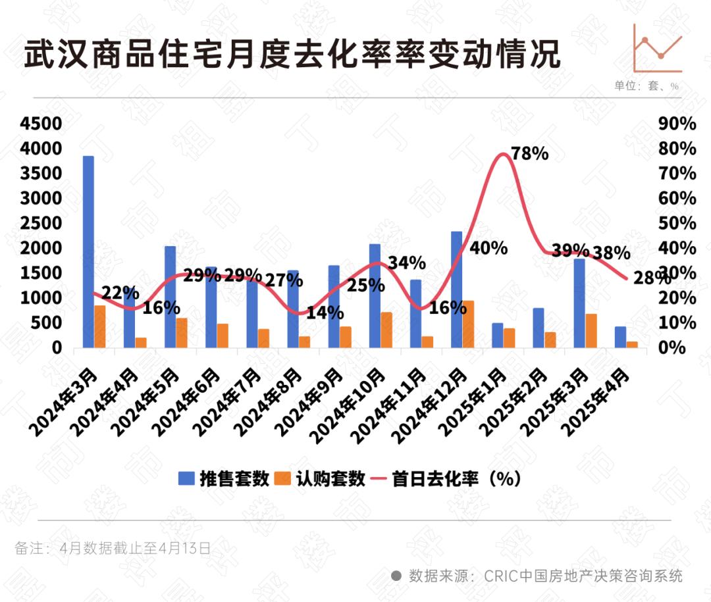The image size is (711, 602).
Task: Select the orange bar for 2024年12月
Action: [x=468, y=324]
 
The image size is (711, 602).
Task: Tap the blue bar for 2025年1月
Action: [x=498, y=335]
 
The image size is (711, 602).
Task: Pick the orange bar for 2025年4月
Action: [x=632, y=344]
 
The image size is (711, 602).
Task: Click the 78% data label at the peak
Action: [x=531, y=154]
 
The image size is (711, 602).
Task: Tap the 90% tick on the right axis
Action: [x=677, y=124]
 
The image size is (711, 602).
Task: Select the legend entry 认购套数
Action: [x=321, y=478]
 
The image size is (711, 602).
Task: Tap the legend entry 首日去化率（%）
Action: [x=448, y=478]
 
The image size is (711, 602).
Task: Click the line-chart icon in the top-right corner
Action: [x=658, y=48]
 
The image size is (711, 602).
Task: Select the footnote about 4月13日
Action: [x=113, y=548]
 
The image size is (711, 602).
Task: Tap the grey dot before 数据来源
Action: [x=396, y=576]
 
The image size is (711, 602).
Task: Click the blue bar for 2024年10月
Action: [x=375, y=295]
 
